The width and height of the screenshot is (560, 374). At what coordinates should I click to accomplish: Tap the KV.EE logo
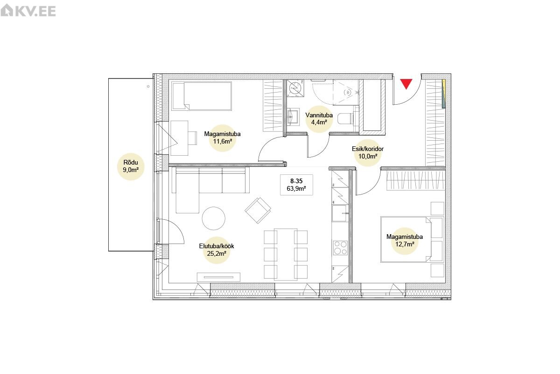pyautogui.click(x=28, y=11)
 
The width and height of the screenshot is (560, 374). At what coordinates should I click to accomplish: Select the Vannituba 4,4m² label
pyautogui.click(x=319, y=119)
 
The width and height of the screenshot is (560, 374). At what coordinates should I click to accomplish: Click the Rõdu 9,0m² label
pyautogui.click(x=131, y=166)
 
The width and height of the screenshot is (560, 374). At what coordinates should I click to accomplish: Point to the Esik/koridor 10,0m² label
pyautogui.click(x=368, y=152)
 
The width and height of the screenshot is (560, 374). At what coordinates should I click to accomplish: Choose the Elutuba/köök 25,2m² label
pyautogui.click(x=217, y=250)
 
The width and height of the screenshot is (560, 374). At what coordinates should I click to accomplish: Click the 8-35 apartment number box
pyautogui.click(x=296, y=185)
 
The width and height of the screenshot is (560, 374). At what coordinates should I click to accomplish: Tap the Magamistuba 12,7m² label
pyautogui.click(x=405, y=240)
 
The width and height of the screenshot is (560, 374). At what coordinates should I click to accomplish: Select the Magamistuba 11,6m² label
pyautogui.click(x=222, y=137)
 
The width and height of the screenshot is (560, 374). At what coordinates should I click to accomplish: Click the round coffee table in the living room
pyautogui.click(x=214, y=218)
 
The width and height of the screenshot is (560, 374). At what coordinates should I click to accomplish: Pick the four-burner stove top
pyautogui.click(x=341, y=248)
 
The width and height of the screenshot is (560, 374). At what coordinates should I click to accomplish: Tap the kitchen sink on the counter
pyautogui.click(x=340, y=213)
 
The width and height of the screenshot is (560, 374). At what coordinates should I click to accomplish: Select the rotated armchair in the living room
pyautogui.click(x=258, y=210)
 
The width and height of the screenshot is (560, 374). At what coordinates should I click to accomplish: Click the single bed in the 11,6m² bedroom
pyautogui.click(x=202, y=96)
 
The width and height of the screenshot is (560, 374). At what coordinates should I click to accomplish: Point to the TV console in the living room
pyautogui.click(x=218, y=277)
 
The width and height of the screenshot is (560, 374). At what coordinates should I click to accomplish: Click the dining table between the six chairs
pyautogui.click(x=286, y=254)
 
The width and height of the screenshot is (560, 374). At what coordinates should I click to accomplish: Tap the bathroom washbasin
pyautogui.click(x=293, y=117)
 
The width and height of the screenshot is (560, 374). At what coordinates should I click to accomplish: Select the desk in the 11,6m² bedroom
pyautogui.click(x=179, y=138)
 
